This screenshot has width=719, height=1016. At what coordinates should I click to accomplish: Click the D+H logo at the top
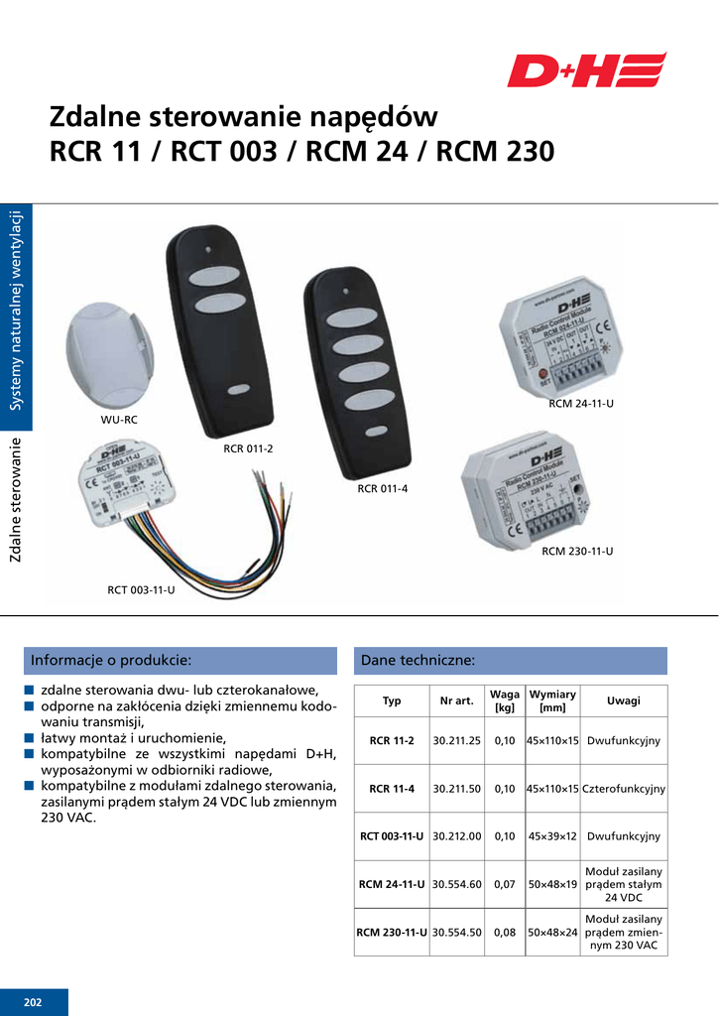click(x=586, y=70)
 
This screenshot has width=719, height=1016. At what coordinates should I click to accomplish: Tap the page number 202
click(x=34, y=1002)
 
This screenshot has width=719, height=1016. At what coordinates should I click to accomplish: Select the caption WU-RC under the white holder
click(x=119, y=420)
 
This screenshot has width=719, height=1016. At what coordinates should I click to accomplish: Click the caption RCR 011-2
click(x=248, y=448)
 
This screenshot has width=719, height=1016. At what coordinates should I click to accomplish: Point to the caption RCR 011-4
click(x=383, y=488)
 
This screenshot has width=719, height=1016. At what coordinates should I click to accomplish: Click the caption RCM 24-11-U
click(x=581, y=404)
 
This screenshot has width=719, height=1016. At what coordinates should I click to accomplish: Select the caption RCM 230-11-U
click(x=577, y=550)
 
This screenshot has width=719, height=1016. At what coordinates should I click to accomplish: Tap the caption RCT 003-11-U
click(x=141, y=590)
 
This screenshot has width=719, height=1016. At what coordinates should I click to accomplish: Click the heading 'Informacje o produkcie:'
click(x=111, y=660)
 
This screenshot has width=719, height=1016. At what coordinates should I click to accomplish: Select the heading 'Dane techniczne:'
click(x=419, y=660)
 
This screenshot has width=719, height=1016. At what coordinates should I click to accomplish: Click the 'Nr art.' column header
click(x=456, y=701)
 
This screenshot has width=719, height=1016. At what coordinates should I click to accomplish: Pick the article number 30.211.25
click(x=456, y=741)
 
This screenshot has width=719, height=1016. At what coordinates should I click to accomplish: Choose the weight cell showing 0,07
click(x=505, y=884)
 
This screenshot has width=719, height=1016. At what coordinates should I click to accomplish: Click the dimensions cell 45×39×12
click(x=552, y=836)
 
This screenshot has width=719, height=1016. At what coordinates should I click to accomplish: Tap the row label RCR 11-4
click(x=392, y=789)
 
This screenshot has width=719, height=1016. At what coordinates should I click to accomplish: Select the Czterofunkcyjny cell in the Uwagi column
click(x=624, y=789)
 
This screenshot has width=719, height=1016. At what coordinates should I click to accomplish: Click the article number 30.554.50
click(x=456, y=933)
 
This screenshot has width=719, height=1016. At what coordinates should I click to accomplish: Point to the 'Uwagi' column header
click(x=624, y=700)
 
